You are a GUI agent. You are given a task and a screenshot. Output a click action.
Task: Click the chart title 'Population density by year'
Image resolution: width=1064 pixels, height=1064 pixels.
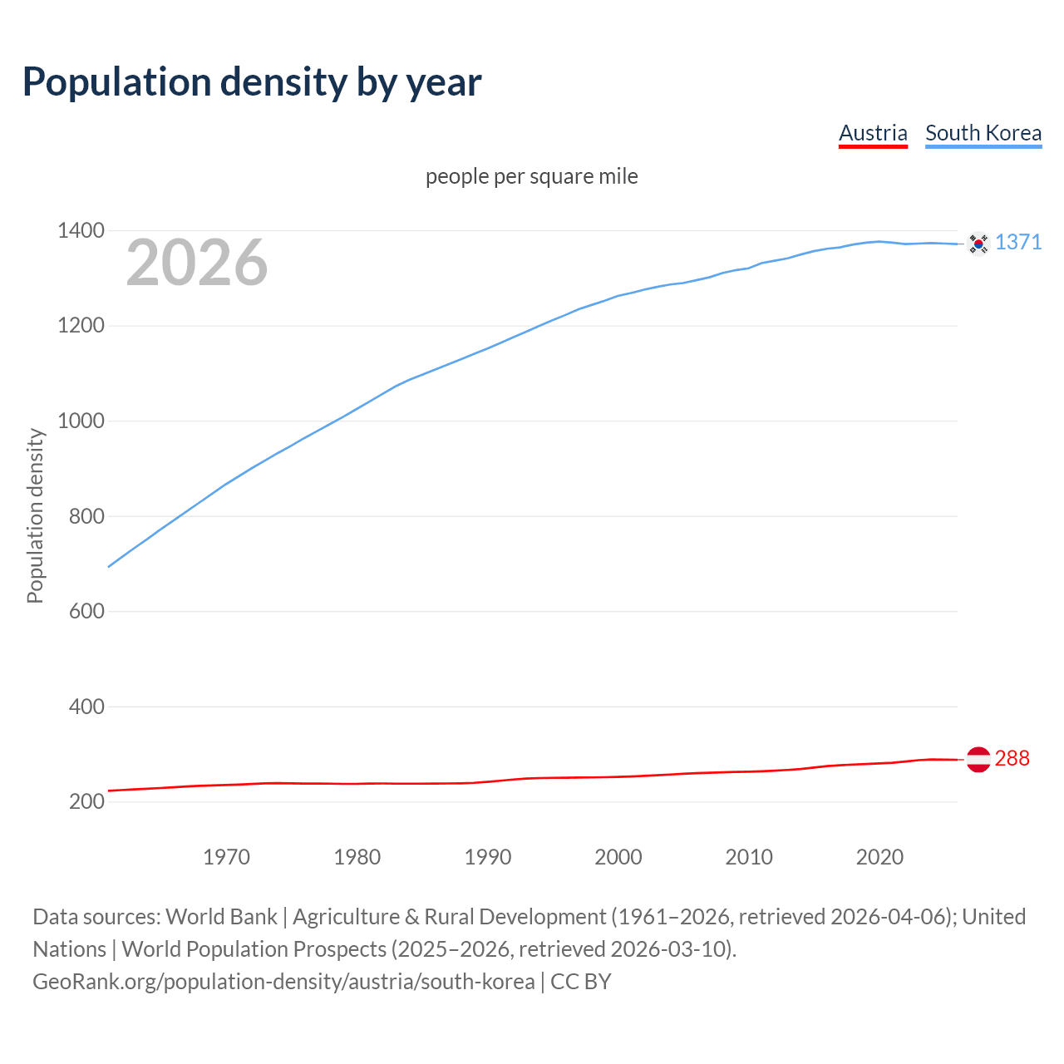coord(252,81)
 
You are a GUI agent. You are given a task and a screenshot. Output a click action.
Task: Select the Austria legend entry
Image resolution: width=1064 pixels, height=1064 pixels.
coord(873,133)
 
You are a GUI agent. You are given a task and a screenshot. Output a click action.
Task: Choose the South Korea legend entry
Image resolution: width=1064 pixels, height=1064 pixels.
coord(983,133)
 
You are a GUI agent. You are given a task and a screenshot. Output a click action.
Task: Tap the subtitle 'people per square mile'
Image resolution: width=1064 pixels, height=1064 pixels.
coord(531,176)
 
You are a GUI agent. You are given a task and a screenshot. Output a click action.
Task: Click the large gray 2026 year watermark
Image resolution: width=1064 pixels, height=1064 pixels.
coord(197,263)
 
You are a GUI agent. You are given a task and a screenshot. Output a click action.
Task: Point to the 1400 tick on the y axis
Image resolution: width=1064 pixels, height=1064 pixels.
coord(81,230)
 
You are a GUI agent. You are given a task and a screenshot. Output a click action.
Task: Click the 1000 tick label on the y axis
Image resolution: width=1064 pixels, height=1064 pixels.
coord(81,421)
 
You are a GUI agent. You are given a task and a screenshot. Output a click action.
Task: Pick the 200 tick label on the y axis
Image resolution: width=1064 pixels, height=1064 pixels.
coord(86,801)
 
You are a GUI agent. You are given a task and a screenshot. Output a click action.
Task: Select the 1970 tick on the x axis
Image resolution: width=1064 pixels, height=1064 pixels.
coord(226,857)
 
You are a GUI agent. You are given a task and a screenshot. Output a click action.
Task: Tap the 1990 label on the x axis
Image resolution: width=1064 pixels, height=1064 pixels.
coord(488,857)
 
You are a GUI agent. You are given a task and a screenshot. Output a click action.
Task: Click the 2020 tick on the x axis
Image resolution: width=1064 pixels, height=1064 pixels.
coord(879,857)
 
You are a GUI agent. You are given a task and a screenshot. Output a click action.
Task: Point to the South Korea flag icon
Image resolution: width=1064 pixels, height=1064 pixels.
coord(978,244)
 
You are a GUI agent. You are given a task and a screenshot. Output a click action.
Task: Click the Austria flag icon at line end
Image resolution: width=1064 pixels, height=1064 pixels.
coord(978,759)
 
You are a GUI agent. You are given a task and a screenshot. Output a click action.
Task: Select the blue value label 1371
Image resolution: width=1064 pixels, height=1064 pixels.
coord(1018,242)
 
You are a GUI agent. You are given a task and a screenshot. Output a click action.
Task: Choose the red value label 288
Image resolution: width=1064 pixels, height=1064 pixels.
coord(1012,758)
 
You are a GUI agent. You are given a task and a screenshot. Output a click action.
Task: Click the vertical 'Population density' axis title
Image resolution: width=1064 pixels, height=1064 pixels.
coord(35,515)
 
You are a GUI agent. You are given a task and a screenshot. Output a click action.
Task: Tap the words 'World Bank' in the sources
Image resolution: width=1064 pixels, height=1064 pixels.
coord(221,916)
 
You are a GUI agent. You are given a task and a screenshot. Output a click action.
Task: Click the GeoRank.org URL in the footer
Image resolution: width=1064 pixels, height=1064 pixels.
coord(283,981)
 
